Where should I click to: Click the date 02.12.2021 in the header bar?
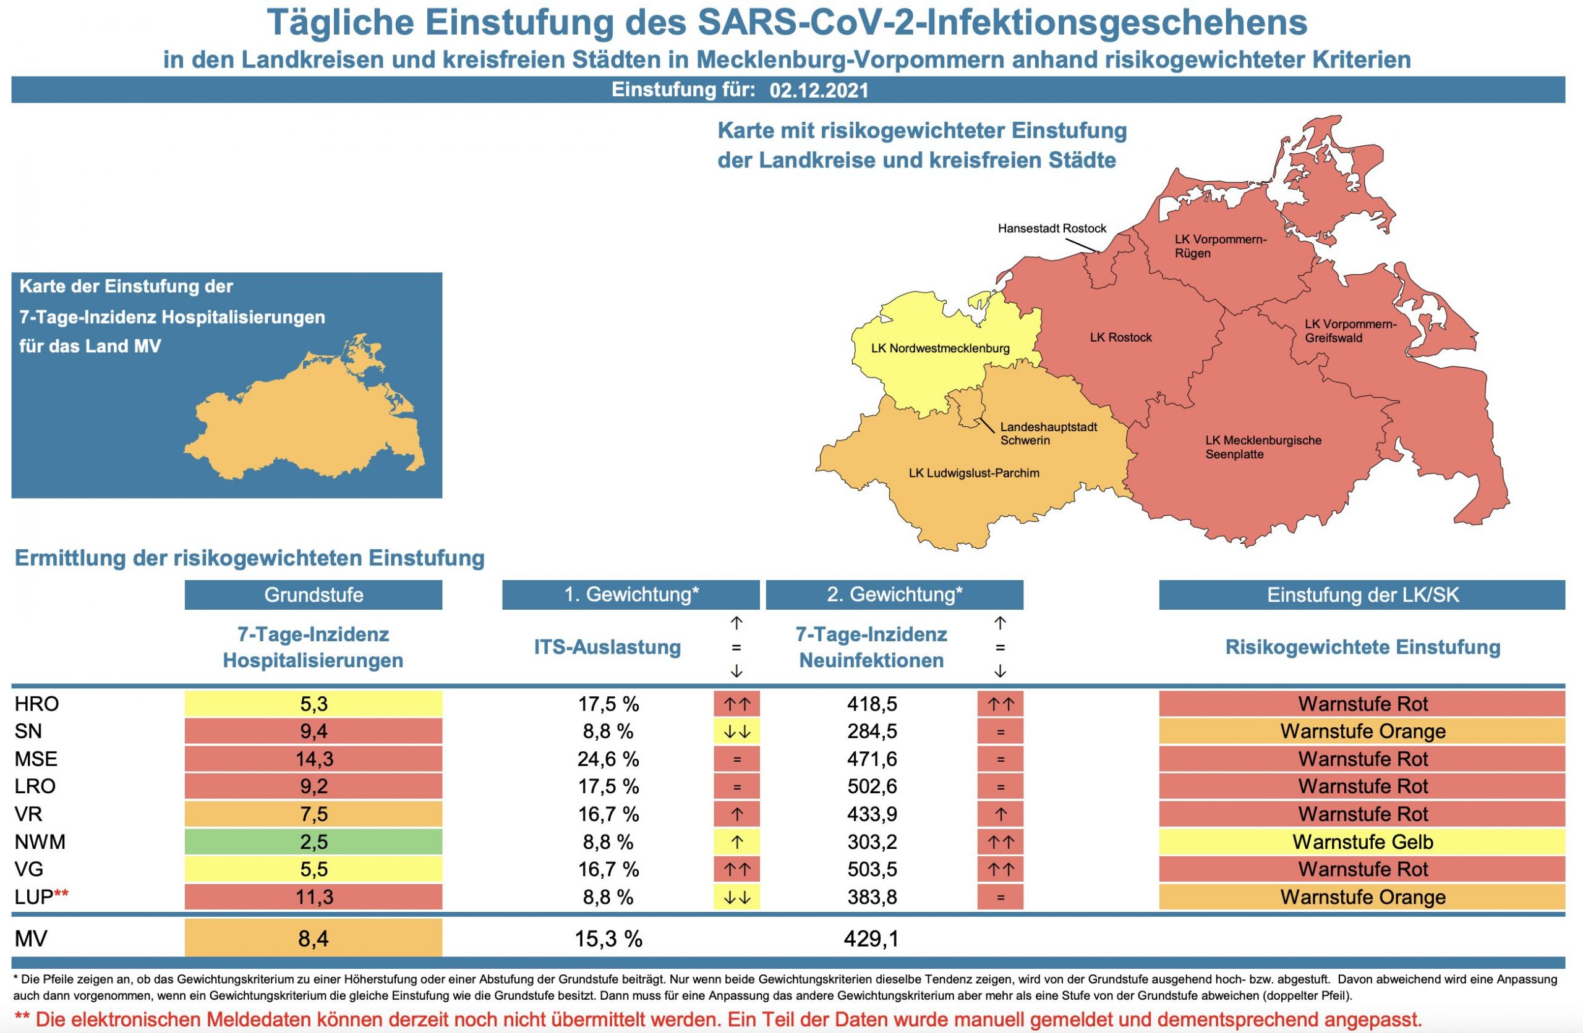(819, 90)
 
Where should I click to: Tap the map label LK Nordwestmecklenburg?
(940, 348)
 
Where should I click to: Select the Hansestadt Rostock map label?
(1052, 229)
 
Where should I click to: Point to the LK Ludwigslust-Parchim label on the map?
(974, 473)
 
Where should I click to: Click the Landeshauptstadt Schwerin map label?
(1048, 434)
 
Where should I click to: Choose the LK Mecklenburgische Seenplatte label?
(1263, 447)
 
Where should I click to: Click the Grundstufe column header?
(314, 594)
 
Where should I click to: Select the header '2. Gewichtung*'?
(894, 594)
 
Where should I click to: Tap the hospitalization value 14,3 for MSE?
(314, 759)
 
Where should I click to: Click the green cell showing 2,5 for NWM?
(314, 841)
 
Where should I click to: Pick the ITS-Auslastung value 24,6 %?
(608, 759)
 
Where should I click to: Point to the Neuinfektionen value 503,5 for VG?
(871, 869)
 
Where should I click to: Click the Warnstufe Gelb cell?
(1362, 841)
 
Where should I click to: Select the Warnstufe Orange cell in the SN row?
(1362, 732)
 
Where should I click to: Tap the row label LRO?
(35, 786)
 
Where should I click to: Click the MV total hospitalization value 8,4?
(314, 938)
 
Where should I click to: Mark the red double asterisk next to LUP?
(61, 894)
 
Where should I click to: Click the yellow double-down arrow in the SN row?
(736, 732)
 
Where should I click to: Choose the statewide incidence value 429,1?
(871, 938)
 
